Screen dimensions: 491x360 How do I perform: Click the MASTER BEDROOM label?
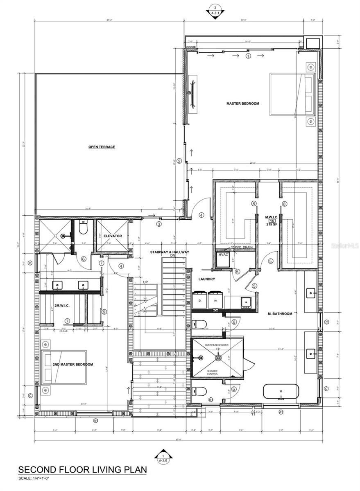coord(243,104)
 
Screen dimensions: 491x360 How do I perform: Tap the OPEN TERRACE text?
coord(102,147)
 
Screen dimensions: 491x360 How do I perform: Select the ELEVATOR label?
coord(113,236)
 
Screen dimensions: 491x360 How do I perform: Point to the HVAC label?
coord(223,255)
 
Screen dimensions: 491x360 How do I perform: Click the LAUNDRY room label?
coord(206,279)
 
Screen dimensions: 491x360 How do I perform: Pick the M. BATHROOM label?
coord(280,314)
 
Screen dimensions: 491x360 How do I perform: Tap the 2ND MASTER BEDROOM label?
coord(72,365)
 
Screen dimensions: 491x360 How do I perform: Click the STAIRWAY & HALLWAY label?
coord(172,252)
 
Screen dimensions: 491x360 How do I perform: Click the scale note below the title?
coord(36,479)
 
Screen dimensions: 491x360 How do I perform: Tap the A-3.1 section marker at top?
coord(213,10)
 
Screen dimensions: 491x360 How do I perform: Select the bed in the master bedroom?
coord(292,95)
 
